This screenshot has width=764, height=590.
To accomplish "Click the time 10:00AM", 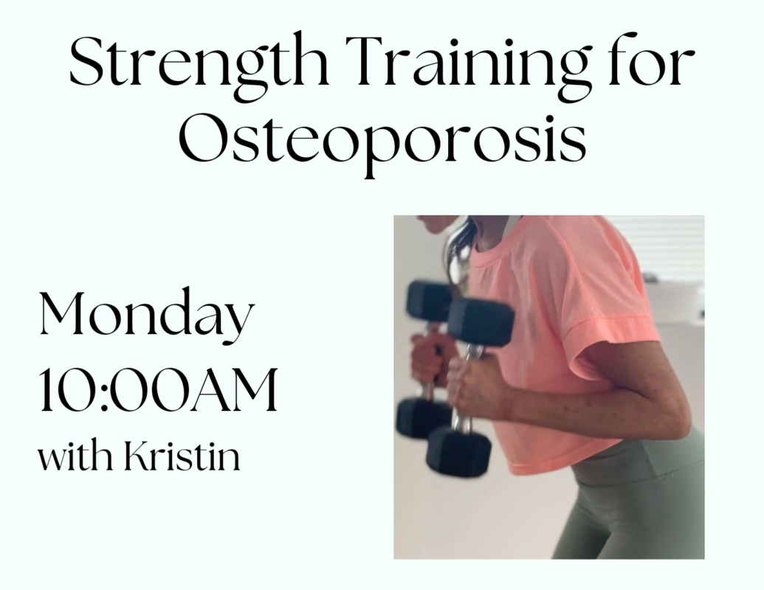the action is (158, 390).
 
